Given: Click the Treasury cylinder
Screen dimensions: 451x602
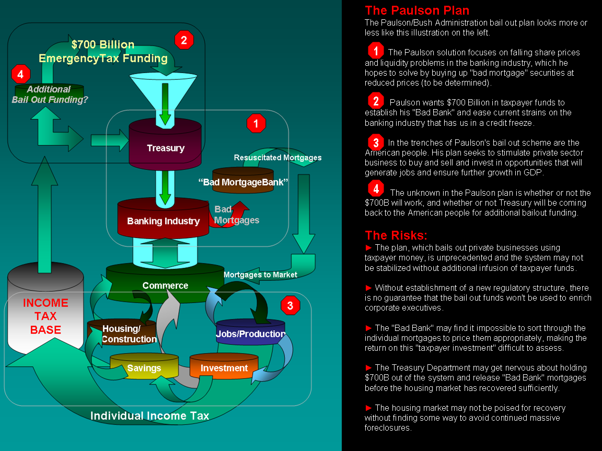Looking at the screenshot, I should tap(165, 146).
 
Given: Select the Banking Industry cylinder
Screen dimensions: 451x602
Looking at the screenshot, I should tap(163, 219).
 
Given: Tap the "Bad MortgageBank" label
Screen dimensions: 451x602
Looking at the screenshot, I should tap(244, 182).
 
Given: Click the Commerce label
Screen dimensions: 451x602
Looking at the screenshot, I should tap(165, 286).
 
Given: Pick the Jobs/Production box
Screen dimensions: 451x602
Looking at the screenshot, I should tap(250, 334).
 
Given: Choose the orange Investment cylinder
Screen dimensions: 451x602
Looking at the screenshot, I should tap(224, 368).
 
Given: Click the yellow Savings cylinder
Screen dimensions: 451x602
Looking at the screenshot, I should tap(144, 368).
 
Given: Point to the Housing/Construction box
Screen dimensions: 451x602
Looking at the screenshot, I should tap(129, 334).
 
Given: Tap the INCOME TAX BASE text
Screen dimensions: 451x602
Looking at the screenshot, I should tap(45, 316).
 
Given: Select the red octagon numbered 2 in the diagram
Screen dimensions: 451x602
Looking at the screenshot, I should tap(184, 40).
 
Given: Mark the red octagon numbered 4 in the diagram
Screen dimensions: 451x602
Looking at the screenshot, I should tap(20, 75).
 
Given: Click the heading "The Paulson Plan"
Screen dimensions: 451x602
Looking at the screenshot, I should tap(417, 10).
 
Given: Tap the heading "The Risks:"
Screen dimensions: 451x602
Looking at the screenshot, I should tap(396, 235).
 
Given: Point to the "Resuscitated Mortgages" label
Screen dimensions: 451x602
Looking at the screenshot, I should tap(277, 158).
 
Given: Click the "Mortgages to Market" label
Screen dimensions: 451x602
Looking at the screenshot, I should tap(260, 275).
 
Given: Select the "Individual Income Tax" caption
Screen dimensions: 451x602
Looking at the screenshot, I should tap(149, 416).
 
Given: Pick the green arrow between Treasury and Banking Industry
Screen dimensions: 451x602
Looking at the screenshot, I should tap(165, 188).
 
